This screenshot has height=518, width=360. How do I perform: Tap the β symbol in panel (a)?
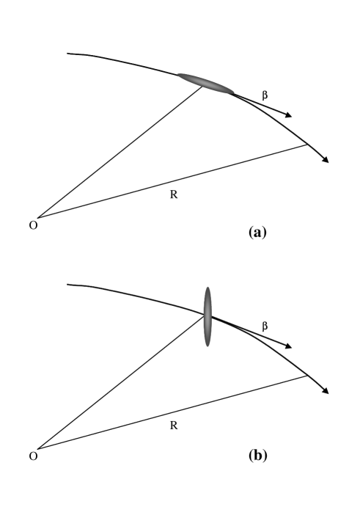pyautogui.click(x=265, y=94)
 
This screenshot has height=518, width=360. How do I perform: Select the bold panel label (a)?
pyautogui.click(x=258, y=232)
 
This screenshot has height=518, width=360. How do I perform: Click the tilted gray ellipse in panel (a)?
pyautogui.click(x=205, y=83)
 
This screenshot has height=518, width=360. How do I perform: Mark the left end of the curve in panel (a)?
pyautogui.click(x=68, y=54)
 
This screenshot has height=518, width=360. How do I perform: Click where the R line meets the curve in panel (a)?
pyautogui.click(x=307, y=145)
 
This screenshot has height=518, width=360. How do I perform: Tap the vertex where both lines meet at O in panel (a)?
pyautogui.click(x=38, y=218)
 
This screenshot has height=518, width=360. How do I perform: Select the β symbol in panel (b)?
pyautogui.click(x=265, y=324)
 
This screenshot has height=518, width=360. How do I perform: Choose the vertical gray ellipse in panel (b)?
pyautogui.click(x=208, y=316)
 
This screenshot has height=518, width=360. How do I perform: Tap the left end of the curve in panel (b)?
pyautogui.click(x=68, y=284)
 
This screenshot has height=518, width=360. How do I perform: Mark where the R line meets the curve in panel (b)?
pyautogui.click(x=307, y=375)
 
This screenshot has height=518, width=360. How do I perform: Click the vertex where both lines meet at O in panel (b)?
pyautogui.click(x=38, y=448)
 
